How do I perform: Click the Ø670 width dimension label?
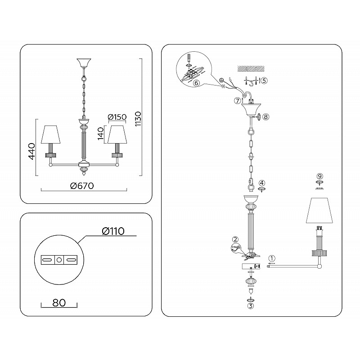(82, 185)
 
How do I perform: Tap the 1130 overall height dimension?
(138, 119)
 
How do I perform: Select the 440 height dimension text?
(31, 151)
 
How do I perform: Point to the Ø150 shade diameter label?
(117, 117)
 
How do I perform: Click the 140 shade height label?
(101, 133)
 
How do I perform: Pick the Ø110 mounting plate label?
(113, 231)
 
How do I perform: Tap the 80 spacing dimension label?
(59, 302)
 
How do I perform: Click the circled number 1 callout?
(272, 258)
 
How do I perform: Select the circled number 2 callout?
(235, 239)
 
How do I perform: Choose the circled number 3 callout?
(250, 306)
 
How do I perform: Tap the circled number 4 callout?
(262, 183)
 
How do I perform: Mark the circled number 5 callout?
(264, 81)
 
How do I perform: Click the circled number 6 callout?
(196, 83)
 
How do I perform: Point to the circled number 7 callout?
(237, 100)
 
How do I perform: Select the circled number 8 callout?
(265, 117)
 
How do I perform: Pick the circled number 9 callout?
(319, 176)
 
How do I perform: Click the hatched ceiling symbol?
(251, 68)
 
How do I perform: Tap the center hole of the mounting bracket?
(59, 260)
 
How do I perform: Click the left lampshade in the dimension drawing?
(50, 134)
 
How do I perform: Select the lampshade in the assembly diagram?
(319, 210)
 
